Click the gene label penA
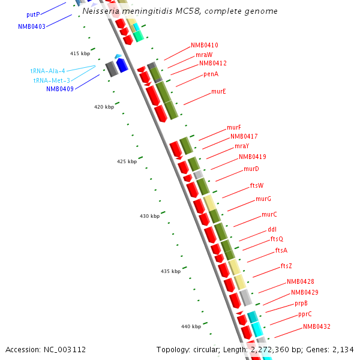211,74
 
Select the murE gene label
218,92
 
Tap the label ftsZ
286,266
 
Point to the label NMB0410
205,46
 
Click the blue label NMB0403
32,26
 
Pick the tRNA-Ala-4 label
48,71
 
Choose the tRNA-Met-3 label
52,80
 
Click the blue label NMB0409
60,89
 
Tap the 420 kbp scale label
104,107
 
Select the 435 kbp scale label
170,272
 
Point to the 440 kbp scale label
191,326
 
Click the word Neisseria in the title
100,11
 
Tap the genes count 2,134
343,349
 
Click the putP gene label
33,14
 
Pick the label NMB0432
316,327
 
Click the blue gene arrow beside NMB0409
122,65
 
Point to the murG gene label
263,199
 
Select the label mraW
204,55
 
